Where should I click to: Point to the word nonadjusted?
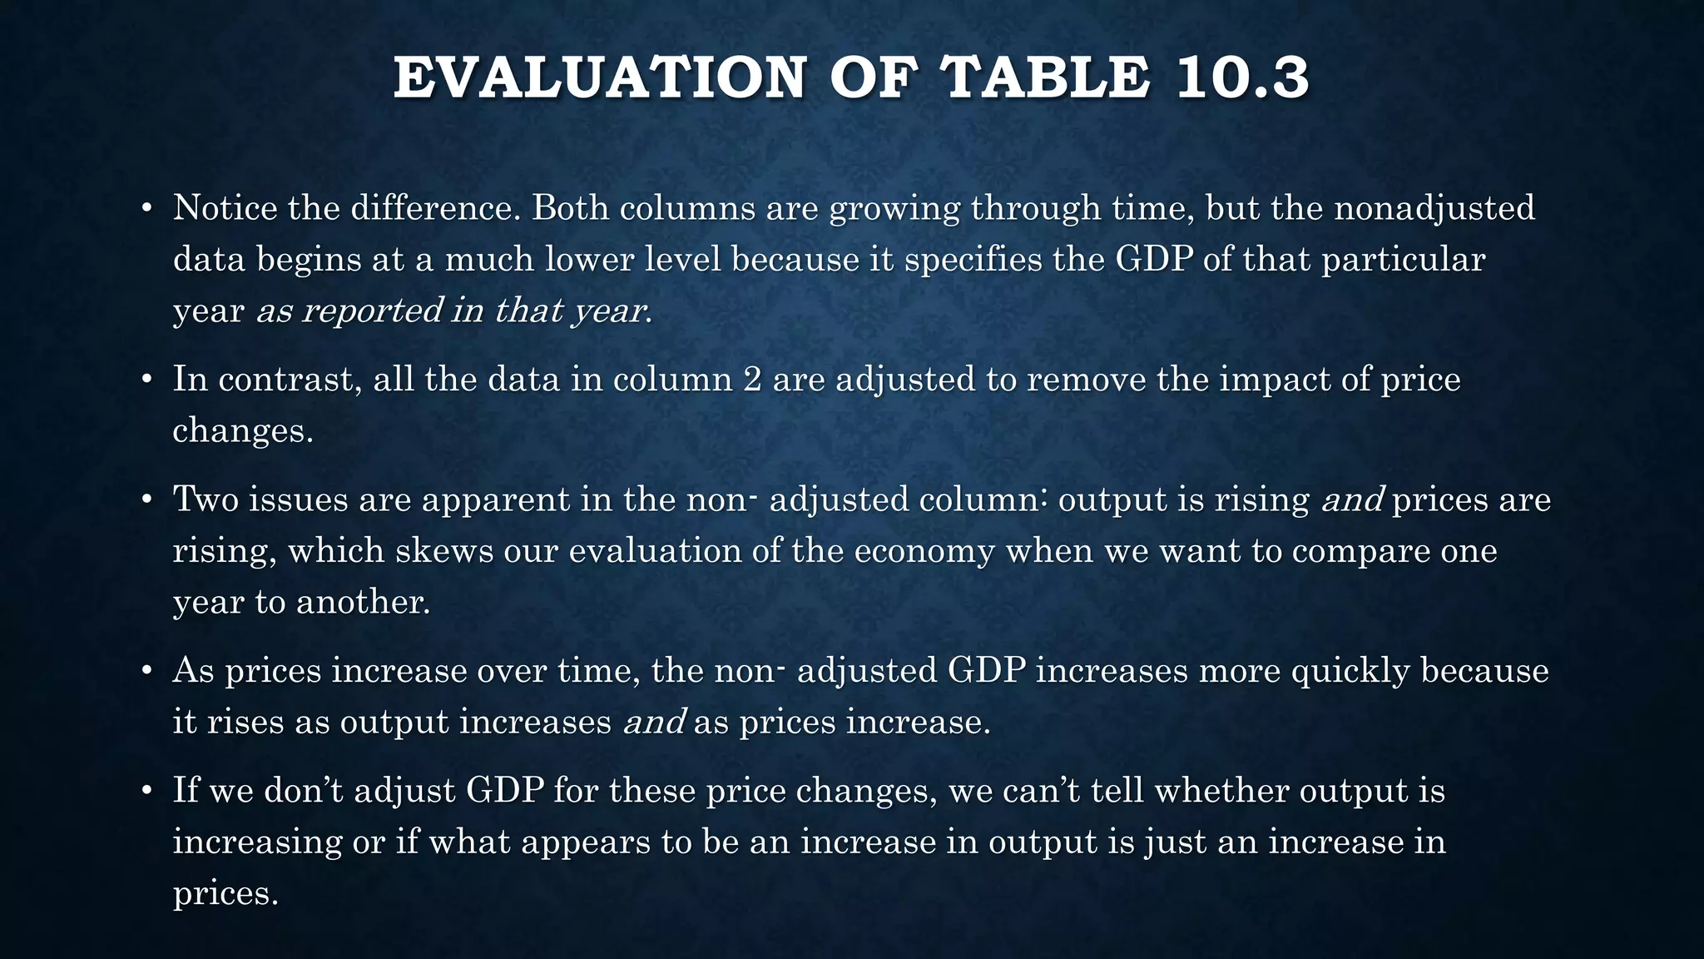(1434, 207)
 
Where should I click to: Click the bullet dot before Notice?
(146, 207)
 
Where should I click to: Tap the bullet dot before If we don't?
(146, 790)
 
